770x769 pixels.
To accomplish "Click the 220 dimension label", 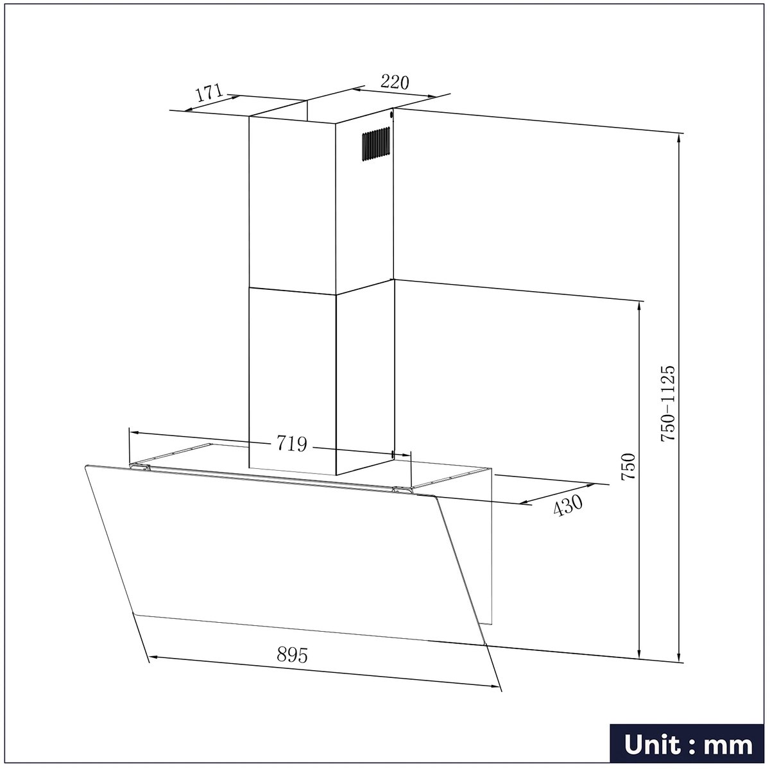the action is click(395, 82).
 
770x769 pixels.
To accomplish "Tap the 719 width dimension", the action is click(292, 443).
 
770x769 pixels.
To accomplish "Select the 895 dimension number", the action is click(293, 655).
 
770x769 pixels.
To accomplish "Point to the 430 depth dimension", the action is click(568, 505).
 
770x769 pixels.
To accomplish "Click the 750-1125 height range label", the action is click(668, 403).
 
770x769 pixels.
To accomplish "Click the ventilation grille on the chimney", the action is click(376, 144).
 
